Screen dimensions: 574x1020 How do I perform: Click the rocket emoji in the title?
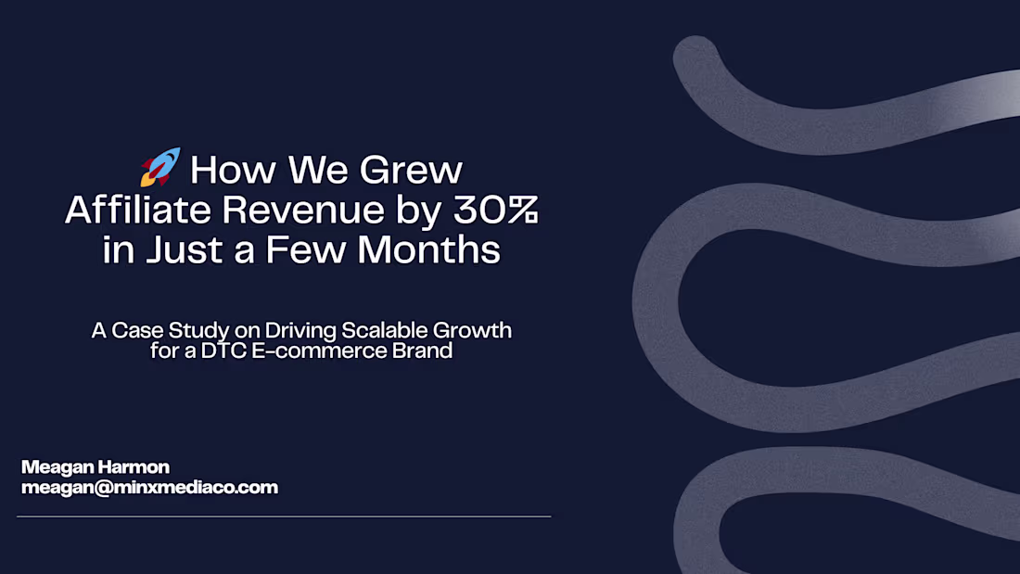(160, 168)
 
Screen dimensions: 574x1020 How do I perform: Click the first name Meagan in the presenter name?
(54, 466)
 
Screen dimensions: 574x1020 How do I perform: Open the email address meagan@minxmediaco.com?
(149, 487)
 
